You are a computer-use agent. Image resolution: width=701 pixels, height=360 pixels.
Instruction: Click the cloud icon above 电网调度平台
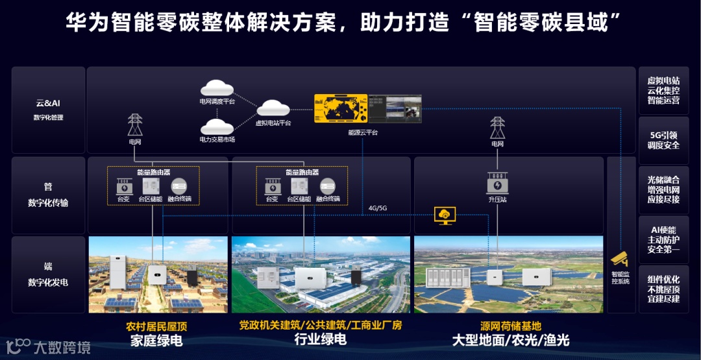[x=217, y=88]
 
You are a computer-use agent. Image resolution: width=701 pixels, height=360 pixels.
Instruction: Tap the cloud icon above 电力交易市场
[x=217, y=126]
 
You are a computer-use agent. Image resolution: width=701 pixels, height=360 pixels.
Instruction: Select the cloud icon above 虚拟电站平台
[x=273, y=108]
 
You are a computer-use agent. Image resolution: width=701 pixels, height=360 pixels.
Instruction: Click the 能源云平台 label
[x=362, y=132]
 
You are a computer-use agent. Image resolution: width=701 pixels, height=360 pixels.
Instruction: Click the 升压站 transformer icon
[x=497, y=183]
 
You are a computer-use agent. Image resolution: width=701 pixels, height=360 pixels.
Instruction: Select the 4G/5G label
[x=377, y=208]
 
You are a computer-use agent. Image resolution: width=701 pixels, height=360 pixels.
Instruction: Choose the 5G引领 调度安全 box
[x=663, y=140]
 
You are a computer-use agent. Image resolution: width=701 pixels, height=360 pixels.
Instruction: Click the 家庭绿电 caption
[x=156, y=341]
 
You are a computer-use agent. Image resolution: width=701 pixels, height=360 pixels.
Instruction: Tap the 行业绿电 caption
[x=320, y=339]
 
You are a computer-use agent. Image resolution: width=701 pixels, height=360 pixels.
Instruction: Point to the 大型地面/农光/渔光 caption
[x=510, y=341]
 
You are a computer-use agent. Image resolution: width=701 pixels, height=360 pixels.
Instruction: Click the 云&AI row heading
[x=47, y=103]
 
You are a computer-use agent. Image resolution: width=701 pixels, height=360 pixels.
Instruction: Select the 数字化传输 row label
[x=47, y=203]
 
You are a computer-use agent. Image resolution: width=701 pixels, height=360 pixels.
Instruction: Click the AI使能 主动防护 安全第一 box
[x=663, y=239]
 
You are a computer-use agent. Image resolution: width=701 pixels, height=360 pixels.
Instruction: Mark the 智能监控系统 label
[x=620, y=277]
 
